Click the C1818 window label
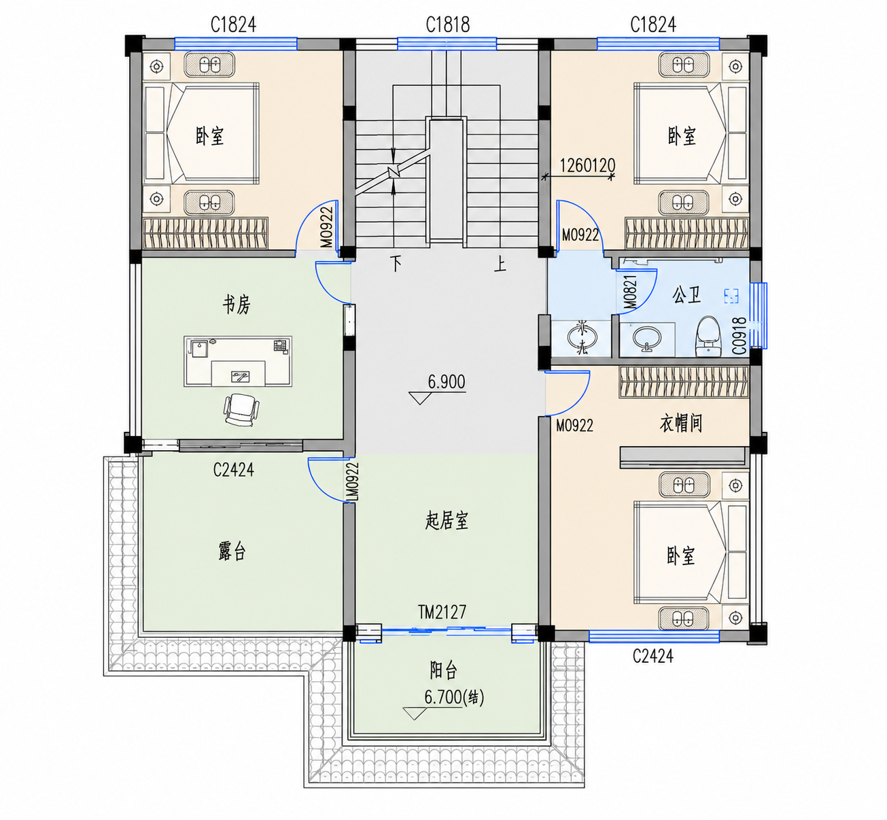(447, 24)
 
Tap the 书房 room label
(237, 305)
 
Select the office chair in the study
(241, 409)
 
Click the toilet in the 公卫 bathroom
(709, 336)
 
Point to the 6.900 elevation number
(446, 381)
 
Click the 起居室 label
(447, 521)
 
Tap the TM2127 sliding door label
(442, 612)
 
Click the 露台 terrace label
(232, 551)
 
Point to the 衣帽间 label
(680, 423)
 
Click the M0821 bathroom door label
(630, 292)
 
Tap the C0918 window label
(740, 336)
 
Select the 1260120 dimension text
(587, 165)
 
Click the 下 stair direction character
(396, 264)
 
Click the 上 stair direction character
(500, 264)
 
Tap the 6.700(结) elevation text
(454, 697)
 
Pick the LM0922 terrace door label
(352, 481)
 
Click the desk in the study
(238, 361)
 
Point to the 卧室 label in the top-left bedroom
(209, 136)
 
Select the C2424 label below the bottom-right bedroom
(653, 655)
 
